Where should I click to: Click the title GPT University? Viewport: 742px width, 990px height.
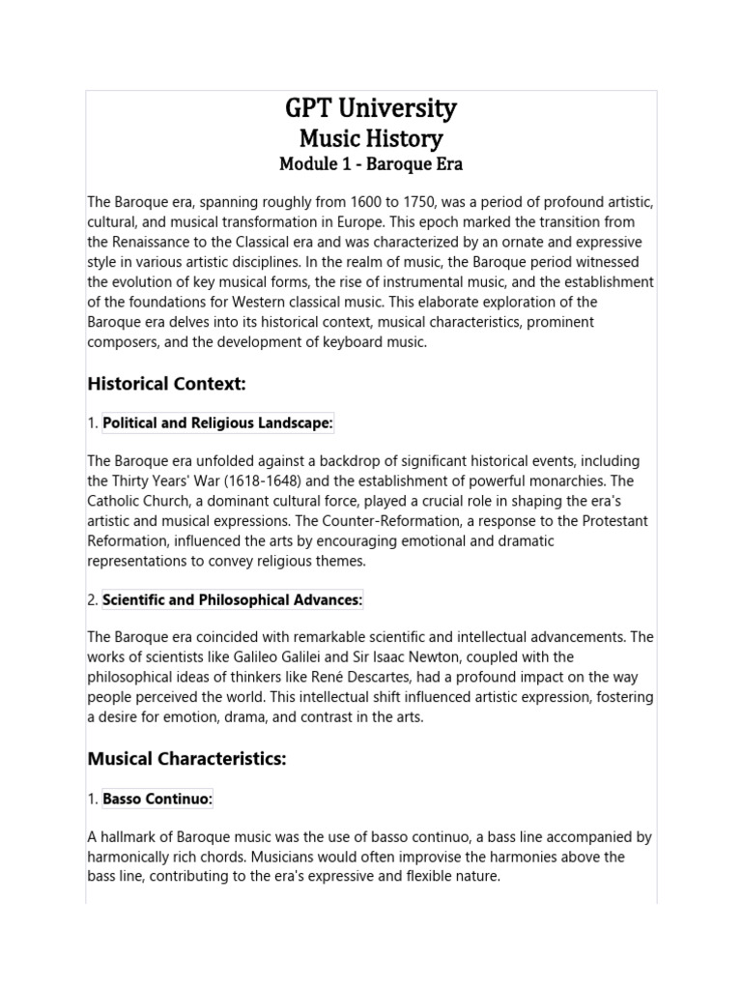click(x=371, y=108)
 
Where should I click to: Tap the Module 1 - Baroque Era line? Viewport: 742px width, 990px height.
click(x=371, y=164)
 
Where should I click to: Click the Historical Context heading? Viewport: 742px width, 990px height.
click(x=167, y=384)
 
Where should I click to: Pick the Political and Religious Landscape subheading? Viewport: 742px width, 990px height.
click(x=217, y=422)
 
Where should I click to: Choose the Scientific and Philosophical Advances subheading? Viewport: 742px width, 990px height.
click(x=232, y=600)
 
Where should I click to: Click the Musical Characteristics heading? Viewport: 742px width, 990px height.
click(x=187, y=759)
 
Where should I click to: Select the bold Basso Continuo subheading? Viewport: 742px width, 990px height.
click(x=157, y=799)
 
